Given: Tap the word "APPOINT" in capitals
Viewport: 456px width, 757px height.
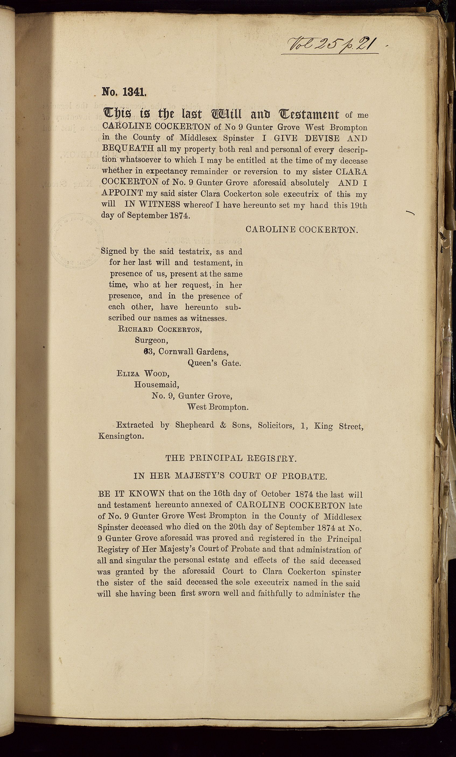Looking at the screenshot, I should [122, 193].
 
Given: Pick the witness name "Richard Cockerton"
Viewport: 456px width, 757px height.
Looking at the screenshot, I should [160, 329].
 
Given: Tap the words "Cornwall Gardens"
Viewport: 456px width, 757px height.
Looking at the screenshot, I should [193, 352].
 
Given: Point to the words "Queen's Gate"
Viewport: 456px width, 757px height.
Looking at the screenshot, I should [214, 363].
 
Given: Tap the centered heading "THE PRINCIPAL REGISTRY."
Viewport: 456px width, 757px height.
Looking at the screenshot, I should [231, 459].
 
